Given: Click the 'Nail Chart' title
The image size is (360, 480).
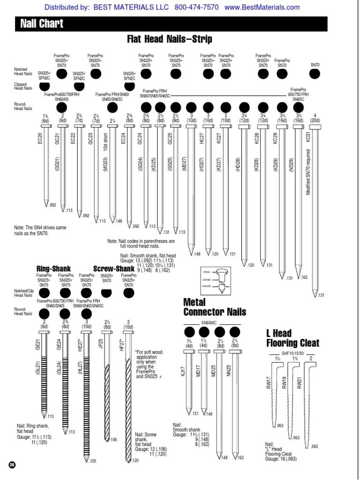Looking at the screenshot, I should click(x=42, y=24).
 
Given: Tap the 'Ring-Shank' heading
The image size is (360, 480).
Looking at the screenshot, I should click(x=53, y=269).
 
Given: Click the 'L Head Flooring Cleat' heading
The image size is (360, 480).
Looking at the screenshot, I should click(x=292, y=338).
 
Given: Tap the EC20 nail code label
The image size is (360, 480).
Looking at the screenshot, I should click(x=40, y=139).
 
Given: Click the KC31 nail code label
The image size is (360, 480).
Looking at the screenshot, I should click(x=308, y=136).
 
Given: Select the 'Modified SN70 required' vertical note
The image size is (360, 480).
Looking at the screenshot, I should click(x=308, y=172).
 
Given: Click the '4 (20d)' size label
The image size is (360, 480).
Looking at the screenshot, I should click(x=315, y=118).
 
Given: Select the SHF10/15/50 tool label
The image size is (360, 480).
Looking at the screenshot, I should click(x=292, y=353).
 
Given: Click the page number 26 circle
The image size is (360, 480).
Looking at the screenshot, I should click(x=12, y=464).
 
